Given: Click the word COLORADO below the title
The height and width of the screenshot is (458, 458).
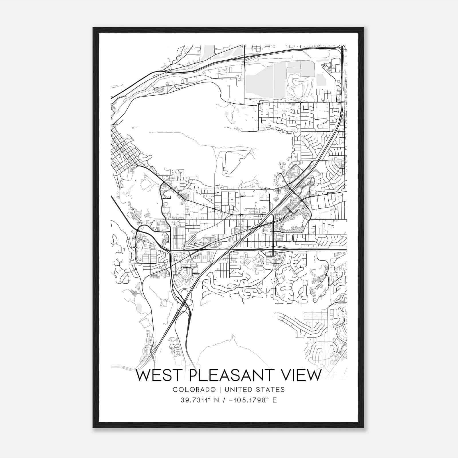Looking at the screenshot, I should [x=194, y=390].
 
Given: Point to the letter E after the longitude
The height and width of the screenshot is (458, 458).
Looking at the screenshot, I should [x=275, y=400].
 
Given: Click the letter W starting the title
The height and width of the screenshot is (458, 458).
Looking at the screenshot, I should [x=142, y=376].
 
